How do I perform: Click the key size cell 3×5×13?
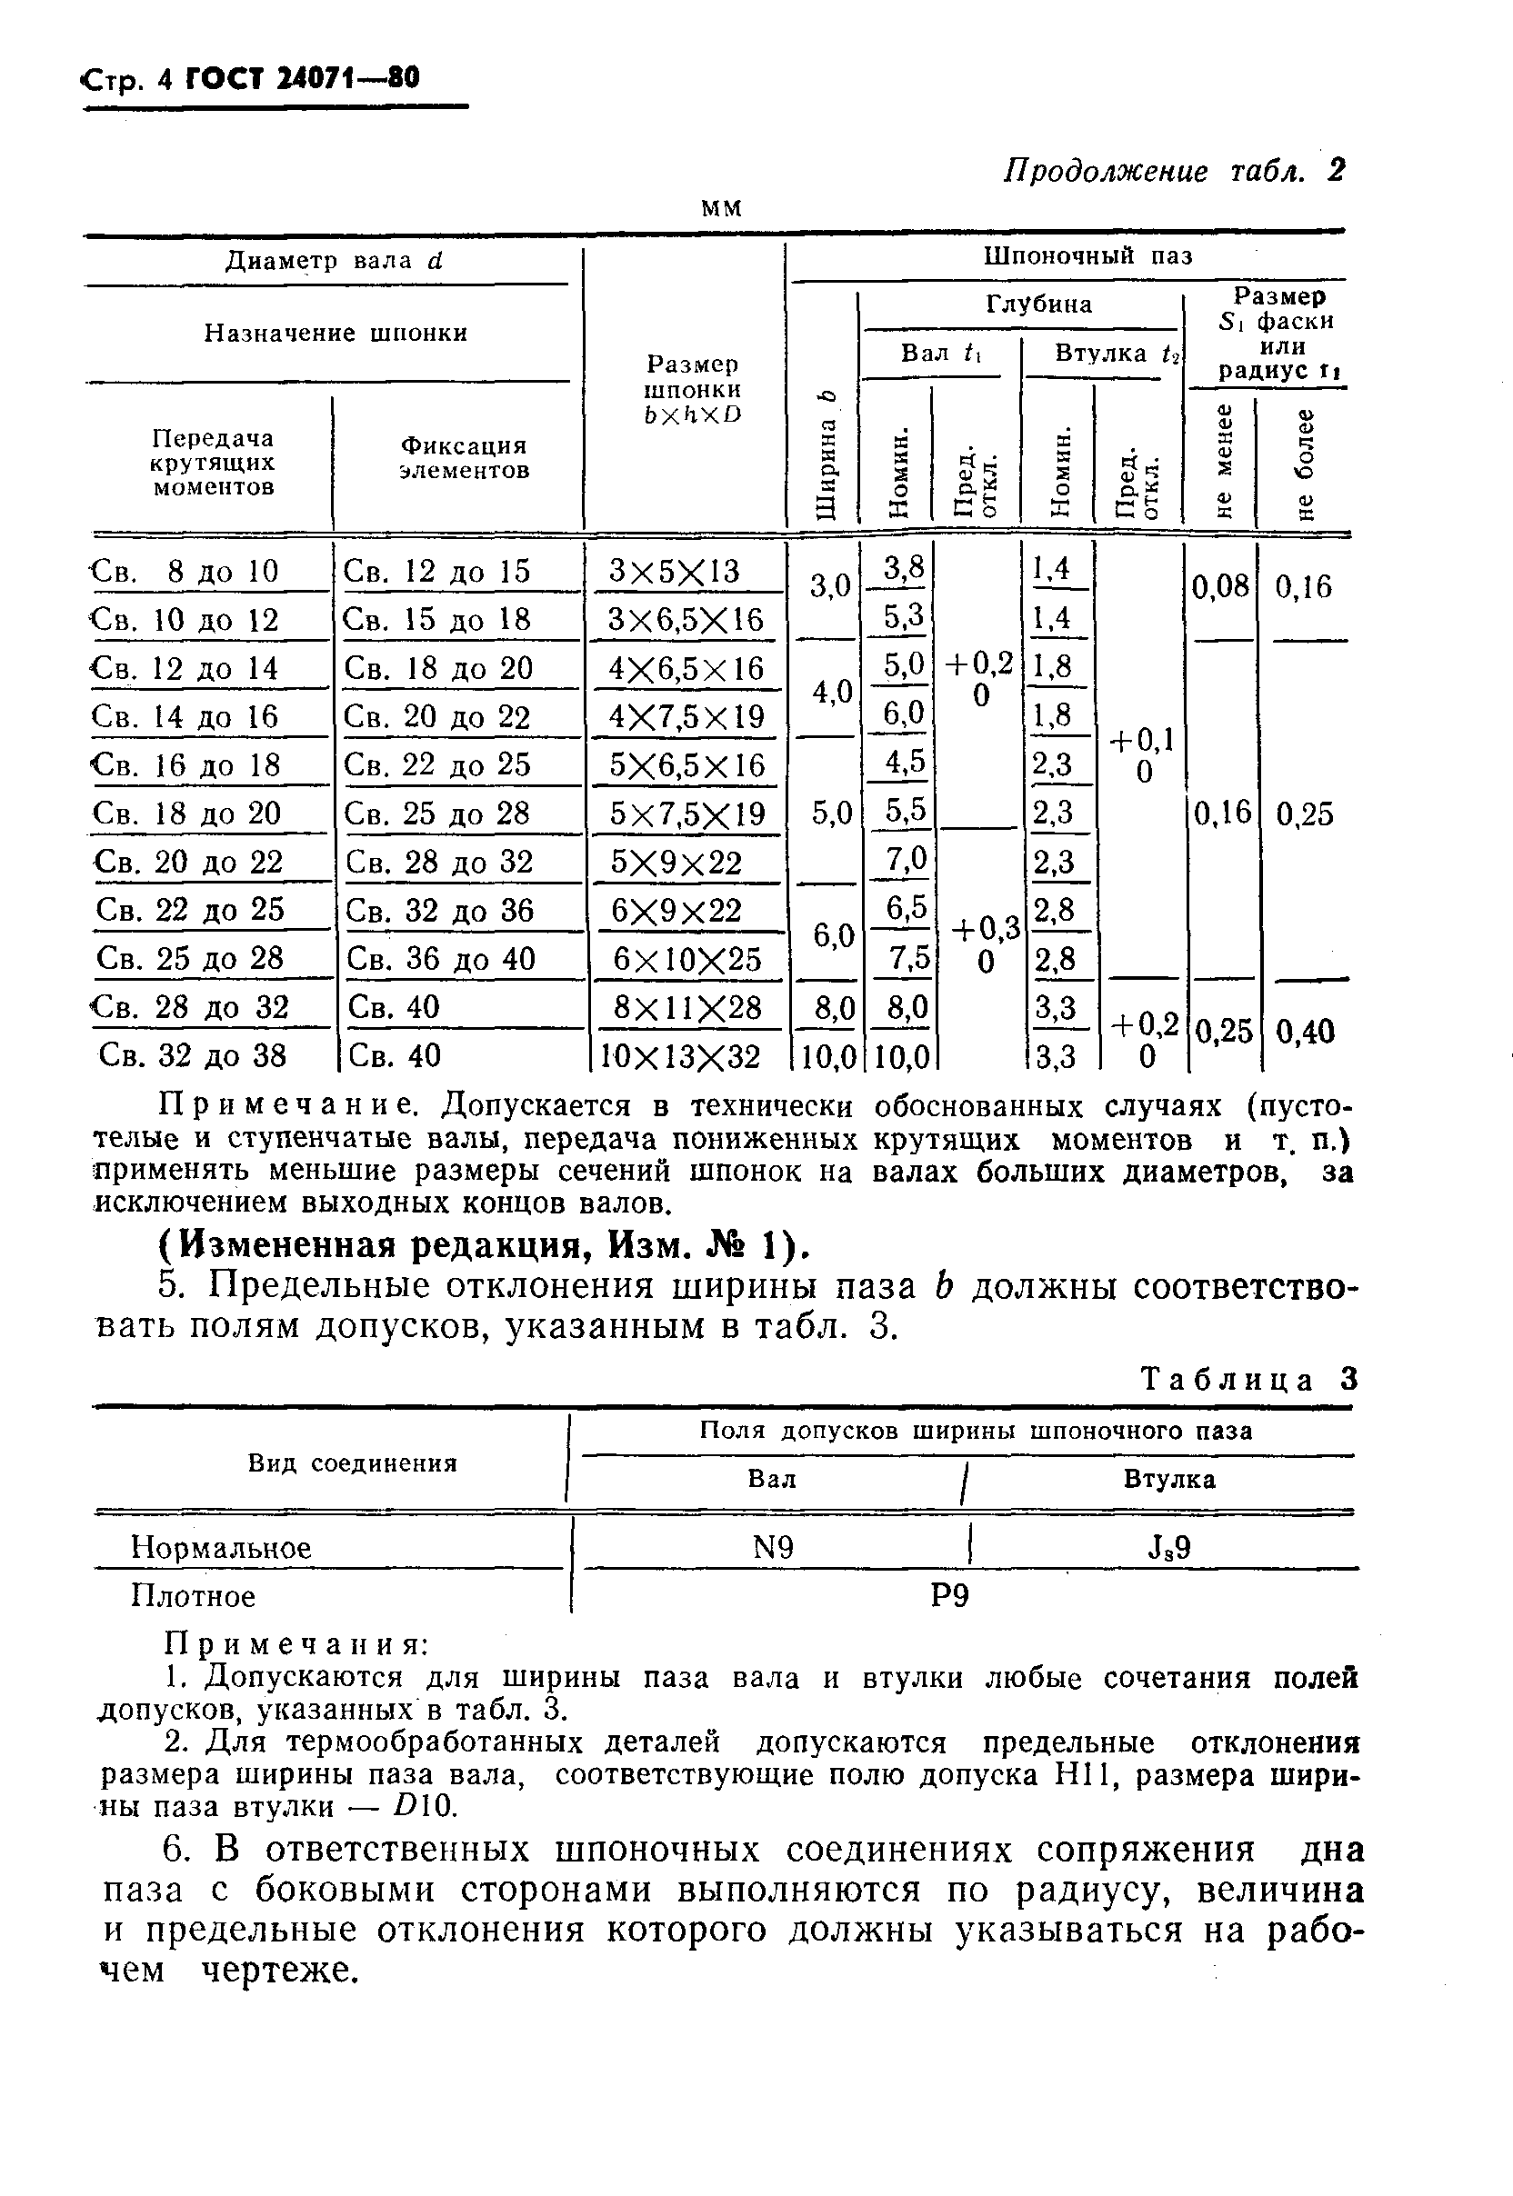point(674,572)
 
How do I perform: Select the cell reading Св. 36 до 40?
point(441,958)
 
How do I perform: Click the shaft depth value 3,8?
point(903,569)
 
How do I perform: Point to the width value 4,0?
point(831,692)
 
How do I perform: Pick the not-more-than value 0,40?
point(1305,1031)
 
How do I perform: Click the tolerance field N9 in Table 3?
point(773,1548)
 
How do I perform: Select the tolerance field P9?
point(950,1596)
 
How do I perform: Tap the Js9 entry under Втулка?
point(1169,1548)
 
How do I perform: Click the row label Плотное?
point(194,1596)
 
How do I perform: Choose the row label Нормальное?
point(221,1548)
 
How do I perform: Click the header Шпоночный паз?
point(1087,256)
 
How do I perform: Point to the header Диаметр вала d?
point(334,261)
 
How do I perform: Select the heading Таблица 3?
point(1249,1379)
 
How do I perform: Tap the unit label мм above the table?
point(721,207)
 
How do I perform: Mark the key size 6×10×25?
point(687,958)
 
